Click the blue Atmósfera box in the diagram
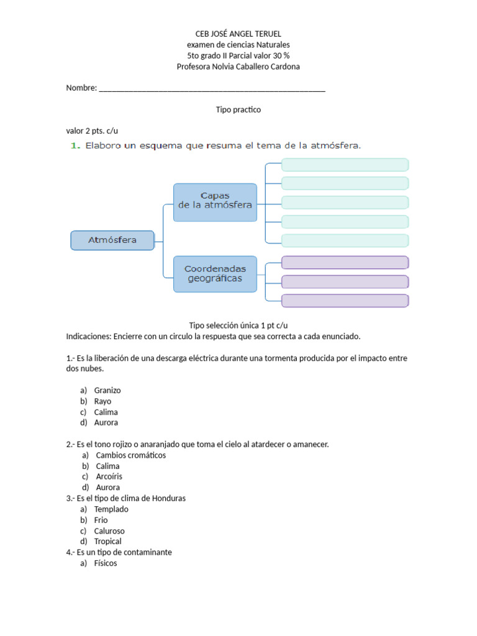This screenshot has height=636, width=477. (x=112, y=240)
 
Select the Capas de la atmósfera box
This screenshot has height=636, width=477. (x=215, y=202)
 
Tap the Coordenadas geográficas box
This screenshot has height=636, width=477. (x=215, y=274)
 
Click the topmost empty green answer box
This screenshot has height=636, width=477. (x=345, y=165)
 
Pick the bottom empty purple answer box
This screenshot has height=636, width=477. (x=345, y=301)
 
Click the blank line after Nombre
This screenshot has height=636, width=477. (x=211, y=88)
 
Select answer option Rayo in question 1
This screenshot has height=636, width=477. (x=102, y=401)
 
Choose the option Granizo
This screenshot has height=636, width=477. (x=107, y=391)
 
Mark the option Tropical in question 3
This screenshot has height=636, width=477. (x=107, y=542)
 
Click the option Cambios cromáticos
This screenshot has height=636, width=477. (x=130, y=455)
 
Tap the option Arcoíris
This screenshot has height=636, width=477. (x=109, y=477)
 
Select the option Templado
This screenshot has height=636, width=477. (x=111, y=509)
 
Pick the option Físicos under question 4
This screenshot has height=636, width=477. (x=105, y=563)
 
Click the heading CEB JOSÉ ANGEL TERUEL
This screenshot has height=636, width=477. (x=238, y=34)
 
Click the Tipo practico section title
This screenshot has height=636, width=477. (x=238, y=109)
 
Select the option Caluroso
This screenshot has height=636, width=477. (x=109, y=531)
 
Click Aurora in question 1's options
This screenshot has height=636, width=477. (x=106, y=422)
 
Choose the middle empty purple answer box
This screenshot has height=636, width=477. (x=345, y=281)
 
